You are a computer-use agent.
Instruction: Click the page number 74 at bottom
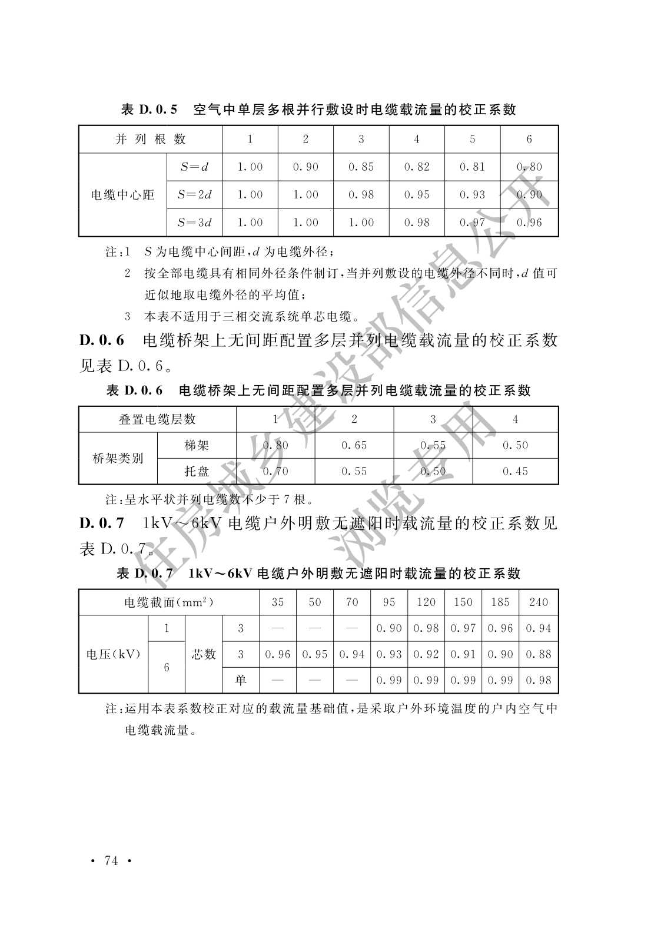point(111,860)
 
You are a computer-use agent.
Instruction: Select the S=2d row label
point(194,194)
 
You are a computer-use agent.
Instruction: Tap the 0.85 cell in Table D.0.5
point(361,167)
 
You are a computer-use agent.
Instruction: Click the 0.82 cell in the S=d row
point(417,167)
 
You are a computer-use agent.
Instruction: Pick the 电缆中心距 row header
point(122,195)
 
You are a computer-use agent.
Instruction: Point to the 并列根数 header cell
point(151,139)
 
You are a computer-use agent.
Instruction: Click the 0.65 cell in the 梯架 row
point(354,445)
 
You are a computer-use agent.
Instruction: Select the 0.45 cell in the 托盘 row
point(515,471)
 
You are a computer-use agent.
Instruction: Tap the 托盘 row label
point(197,471)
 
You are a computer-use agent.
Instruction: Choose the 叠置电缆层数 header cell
point(157,419)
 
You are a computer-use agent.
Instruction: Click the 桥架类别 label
point(118,458)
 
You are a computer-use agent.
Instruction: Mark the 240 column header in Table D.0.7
point(539,602)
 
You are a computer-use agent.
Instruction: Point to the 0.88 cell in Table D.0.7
point(539,654)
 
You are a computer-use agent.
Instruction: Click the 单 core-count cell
point(241,680)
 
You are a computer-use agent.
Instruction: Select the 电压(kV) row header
point(114,654)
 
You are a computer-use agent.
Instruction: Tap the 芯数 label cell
point(204,654)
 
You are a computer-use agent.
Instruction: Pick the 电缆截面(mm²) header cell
point(169,602)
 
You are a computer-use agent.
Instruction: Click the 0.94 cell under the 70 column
point(352,654)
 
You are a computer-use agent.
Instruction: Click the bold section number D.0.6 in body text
point(102,340)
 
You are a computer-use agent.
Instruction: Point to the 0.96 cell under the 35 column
point(278,654)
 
